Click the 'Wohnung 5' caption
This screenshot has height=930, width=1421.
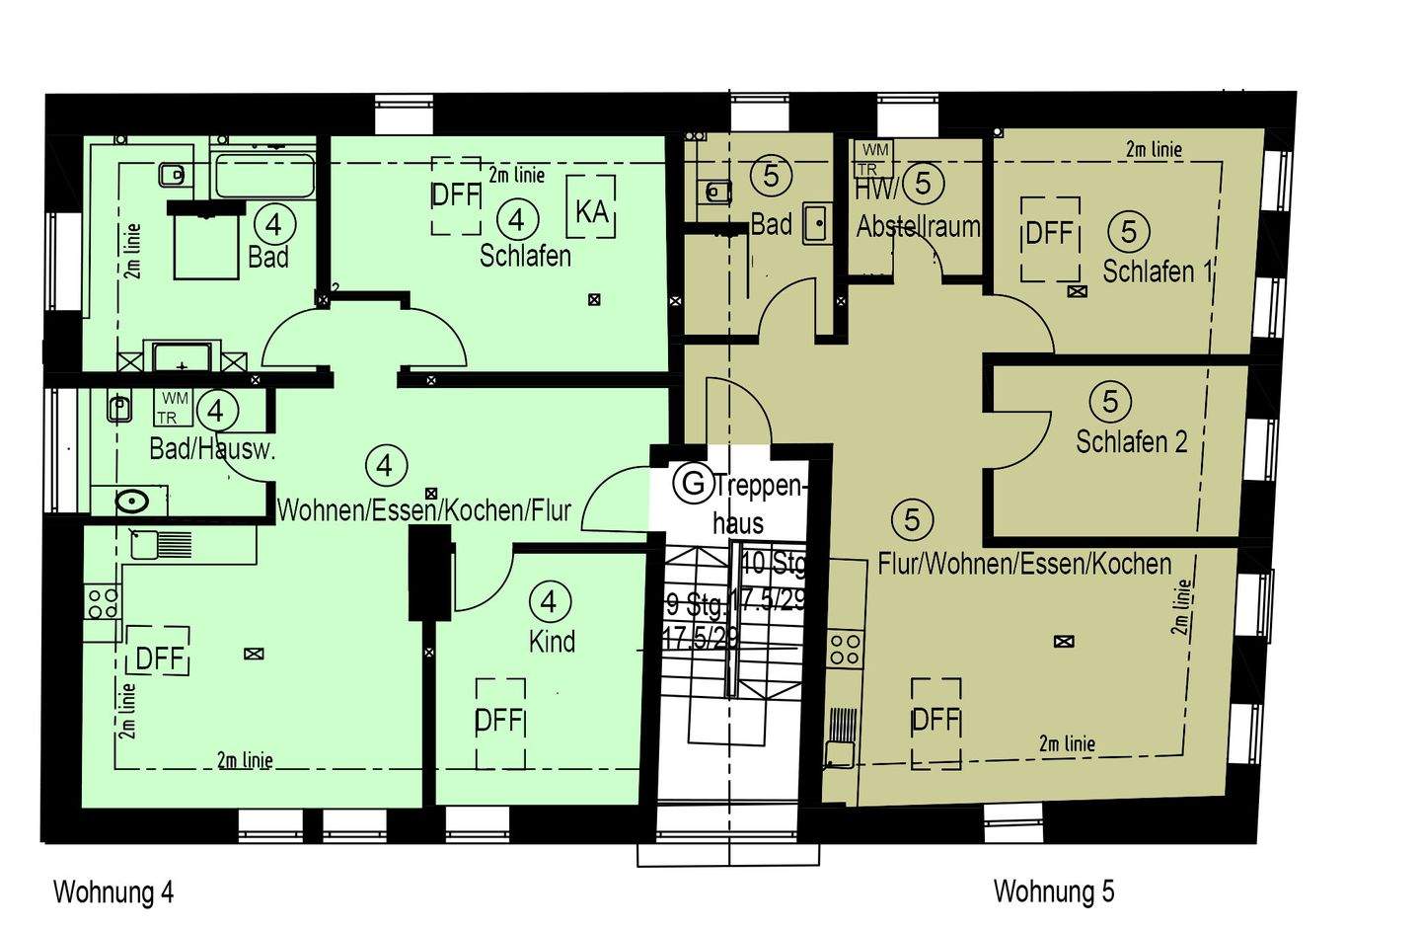point(1053,891)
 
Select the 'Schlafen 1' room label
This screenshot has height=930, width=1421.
point(1157,271)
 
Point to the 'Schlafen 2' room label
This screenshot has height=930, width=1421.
point(1131,441)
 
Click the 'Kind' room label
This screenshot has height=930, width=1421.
point(552,641)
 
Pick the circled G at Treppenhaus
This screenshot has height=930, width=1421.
point(694,484)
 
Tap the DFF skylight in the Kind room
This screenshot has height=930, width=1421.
point(499,722)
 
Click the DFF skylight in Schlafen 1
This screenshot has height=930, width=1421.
point(1049,234)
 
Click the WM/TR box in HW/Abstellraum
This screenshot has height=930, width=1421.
point(874,159)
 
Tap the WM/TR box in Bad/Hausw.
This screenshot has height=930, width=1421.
point(174,408)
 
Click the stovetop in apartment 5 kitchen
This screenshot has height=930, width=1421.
point(845,649)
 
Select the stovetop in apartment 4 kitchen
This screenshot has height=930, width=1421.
point(102,601)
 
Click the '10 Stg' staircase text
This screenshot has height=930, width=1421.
point(773,563)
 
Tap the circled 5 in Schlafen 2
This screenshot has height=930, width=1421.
point(1110,401)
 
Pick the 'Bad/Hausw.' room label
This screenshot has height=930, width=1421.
point(211,449)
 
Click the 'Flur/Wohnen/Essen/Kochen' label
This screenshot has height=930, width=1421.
point(1024,564)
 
